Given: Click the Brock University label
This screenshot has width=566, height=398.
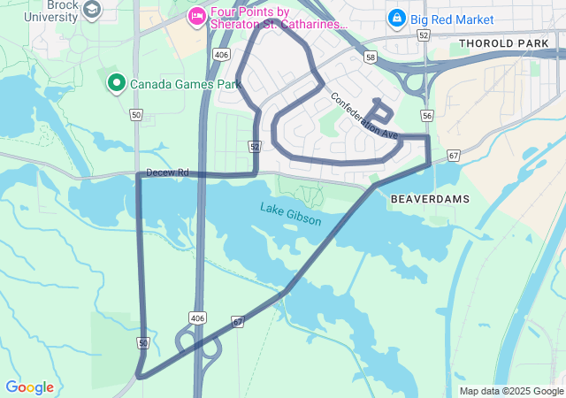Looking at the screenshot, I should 50,11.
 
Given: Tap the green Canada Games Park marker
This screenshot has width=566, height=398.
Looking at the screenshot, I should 116,83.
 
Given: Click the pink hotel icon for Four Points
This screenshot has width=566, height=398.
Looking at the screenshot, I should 197,16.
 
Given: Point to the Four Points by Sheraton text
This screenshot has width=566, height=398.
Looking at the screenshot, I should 276,18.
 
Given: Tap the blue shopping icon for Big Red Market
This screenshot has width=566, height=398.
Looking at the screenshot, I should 397,17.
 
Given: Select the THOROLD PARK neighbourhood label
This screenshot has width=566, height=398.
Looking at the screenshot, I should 504,42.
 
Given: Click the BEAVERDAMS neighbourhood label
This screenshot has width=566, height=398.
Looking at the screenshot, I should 430,200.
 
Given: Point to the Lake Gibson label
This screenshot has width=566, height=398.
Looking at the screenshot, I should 291,212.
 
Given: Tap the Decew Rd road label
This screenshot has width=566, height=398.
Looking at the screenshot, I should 168,172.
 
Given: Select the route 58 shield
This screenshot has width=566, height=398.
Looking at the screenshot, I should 370,57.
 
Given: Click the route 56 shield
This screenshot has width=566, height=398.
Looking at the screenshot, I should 427,116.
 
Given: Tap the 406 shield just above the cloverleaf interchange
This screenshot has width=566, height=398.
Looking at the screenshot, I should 197,318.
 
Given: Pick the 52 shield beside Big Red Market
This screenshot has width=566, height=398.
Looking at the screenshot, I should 424,35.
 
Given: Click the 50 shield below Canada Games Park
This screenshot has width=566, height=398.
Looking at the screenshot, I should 135,115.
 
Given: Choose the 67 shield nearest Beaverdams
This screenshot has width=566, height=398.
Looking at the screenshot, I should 454,156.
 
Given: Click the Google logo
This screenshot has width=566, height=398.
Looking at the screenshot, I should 29,387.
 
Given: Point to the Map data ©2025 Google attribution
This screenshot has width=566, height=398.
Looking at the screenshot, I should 511,391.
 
